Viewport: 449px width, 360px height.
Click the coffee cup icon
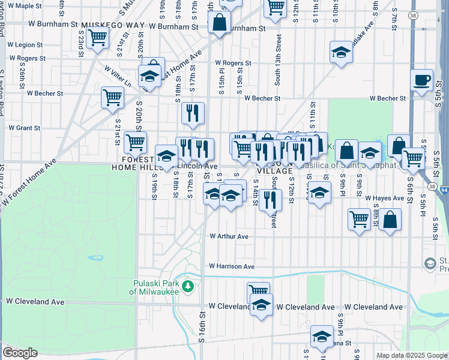[422, 80]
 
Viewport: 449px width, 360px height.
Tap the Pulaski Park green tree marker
[188, 285]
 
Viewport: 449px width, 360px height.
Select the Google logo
[20, 353]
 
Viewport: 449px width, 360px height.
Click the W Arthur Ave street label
[229, 236]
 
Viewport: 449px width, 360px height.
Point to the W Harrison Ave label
[232, 266]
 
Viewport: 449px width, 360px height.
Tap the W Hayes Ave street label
[384, 198]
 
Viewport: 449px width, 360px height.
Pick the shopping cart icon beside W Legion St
[97, 37]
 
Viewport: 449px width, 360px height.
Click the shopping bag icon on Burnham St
[220, 22]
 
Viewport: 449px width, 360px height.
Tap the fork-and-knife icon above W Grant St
[193, 112]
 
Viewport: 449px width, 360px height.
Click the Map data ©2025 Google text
[411, 355]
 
